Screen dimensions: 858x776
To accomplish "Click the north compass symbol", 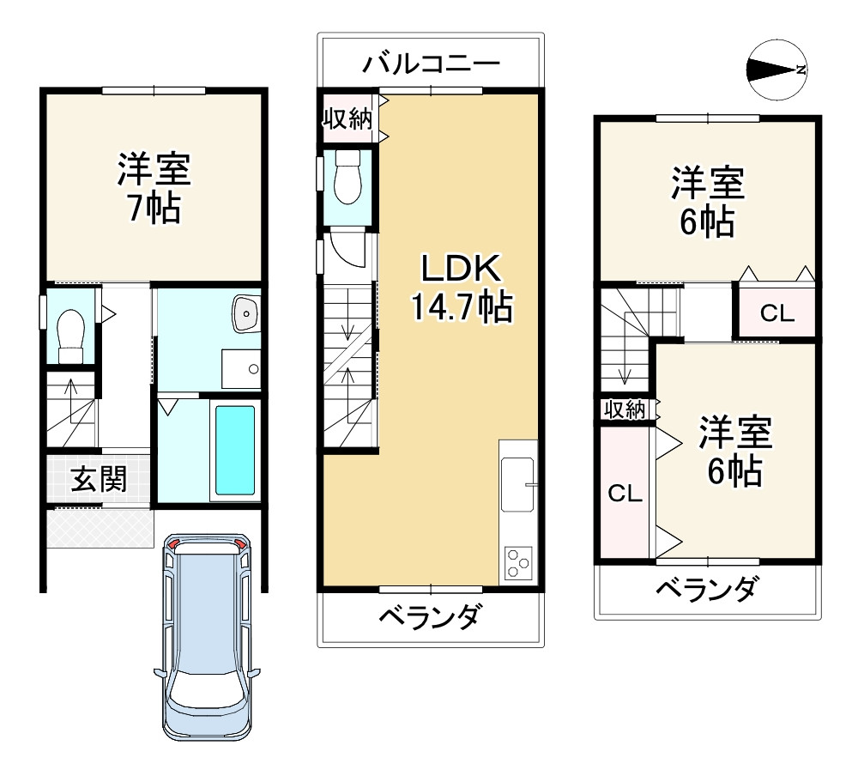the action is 777,70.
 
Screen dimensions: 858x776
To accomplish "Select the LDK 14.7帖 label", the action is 461,287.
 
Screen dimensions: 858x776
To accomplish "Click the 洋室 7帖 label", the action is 154,188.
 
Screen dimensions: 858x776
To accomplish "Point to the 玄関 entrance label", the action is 99,479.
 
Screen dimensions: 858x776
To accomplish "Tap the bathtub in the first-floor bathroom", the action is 235,450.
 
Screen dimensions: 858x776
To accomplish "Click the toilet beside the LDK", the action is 347,177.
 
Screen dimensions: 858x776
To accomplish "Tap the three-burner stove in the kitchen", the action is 517,562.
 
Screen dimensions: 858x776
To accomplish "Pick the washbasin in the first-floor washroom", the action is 246,314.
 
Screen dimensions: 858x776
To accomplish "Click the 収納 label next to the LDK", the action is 347,118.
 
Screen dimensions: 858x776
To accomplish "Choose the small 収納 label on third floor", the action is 625,409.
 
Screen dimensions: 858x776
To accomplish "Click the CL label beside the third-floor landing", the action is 777,314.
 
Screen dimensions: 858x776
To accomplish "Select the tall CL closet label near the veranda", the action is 625,494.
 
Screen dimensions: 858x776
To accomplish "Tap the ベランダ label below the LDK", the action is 431,616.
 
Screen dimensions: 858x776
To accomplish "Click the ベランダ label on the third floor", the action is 707,589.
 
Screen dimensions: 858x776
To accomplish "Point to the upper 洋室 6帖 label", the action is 708,202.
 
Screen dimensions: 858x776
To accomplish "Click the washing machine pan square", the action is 241,369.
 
